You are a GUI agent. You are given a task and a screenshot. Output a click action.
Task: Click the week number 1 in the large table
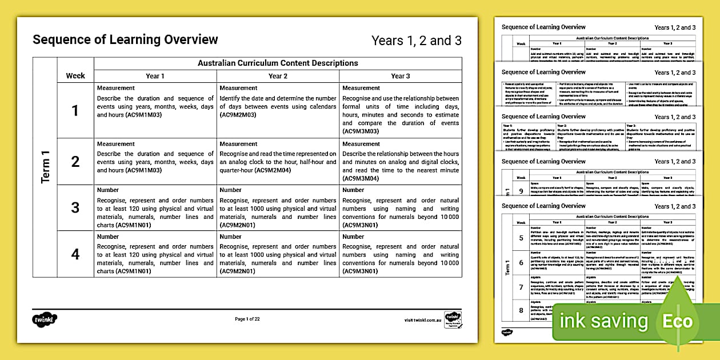tap(75, 110)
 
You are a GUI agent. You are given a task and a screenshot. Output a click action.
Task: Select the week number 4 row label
tap(75, 254)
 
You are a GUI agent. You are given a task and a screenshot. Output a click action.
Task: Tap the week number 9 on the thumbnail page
tap(521, 191)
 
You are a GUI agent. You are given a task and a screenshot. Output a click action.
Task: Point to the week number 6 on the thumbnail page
tap(521, 262)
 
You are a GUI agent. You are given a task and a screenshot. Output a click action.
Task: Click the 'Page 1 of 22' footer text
tap(247, 319)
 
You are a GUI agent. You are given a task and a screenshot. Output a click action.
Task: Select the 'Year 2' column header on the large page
tap(278, 76)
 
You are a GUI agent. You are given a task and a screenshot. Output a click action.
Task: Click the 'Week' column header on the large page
tap(75, 75)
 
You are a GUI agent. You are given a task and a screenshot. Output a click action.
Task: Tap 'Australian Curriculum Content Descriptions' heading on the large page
tap(278, 63)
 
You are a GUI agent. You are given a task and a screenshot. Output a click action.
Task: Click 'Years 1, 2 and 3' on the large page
tap(416, 41)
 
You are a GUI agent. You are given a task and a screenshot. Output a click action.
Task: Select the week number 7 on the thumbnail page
tap(521, 287)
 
